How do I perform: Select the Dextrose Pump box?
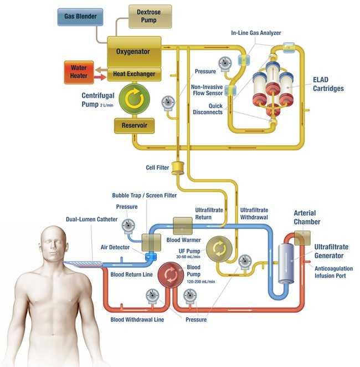150,17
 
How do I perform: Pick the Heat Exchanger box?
134,74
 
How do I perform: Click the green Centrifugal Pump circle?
134,99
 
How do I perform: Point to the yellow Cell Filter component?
178,167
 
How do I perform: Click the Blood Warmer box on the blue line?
183,226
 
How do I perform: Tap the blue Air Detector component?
149,257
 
